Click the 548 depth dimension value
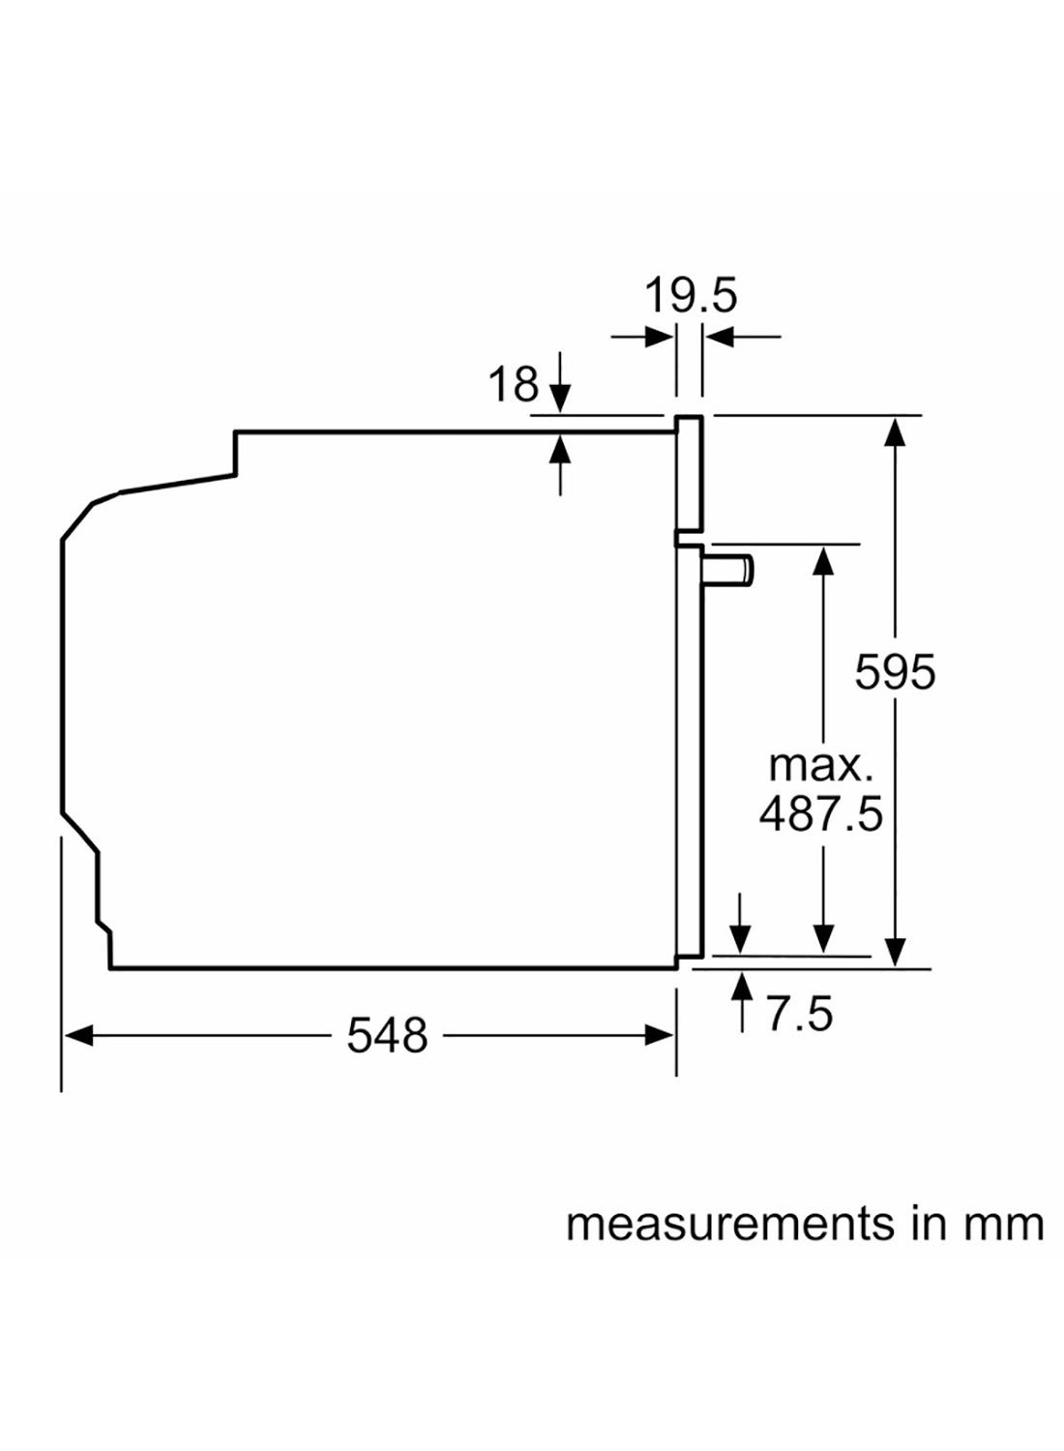387,1036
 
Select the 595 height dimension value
895,672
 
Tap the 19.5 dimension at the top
691,295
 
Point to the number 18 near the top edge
513,385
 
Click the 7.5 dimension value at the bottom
799,1014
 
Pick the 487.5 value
820,814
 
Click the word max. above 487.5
820,765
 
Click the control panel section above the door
688,474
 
